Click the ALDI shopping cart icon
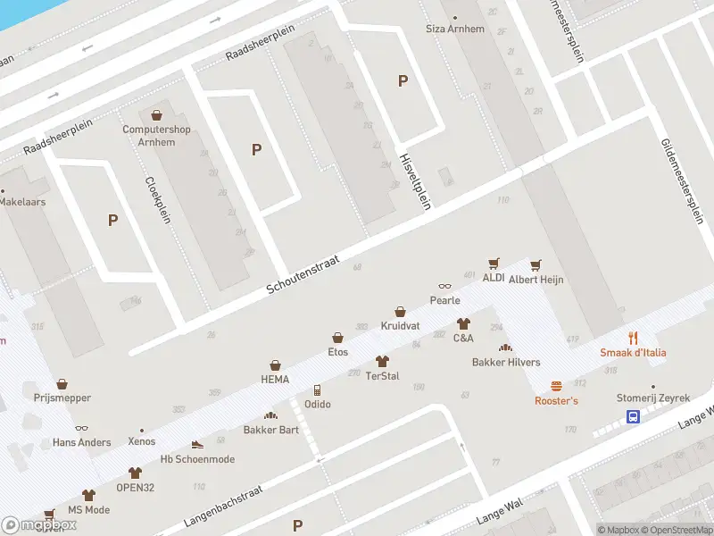(x=494, y=264)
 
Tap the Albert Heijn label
(x=536, y=280)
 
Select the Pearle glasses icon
(x=444, y=286)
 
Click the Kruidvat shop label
(x=400, y=326)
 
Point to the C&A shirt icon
(x=463, y=323)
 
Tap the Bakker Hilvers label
(x=506, y=362)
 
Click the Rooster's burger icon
(x=556, y=386)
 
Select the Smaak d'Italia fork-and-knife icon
(x=633, y=337)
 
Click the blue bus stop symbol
(x=633, y=416)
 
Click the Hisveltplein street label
(x=415, y=180)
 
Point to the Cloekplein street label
(x=157, y=198)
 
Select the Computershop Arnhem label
(x=156, y=135)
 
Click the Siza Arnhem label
(x=455, y=29)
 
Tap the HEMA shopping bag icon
(x=275, y=365)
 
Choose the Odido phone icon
(x=317, y=390)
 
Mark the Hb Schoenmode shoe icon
(x=197, y=444)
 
